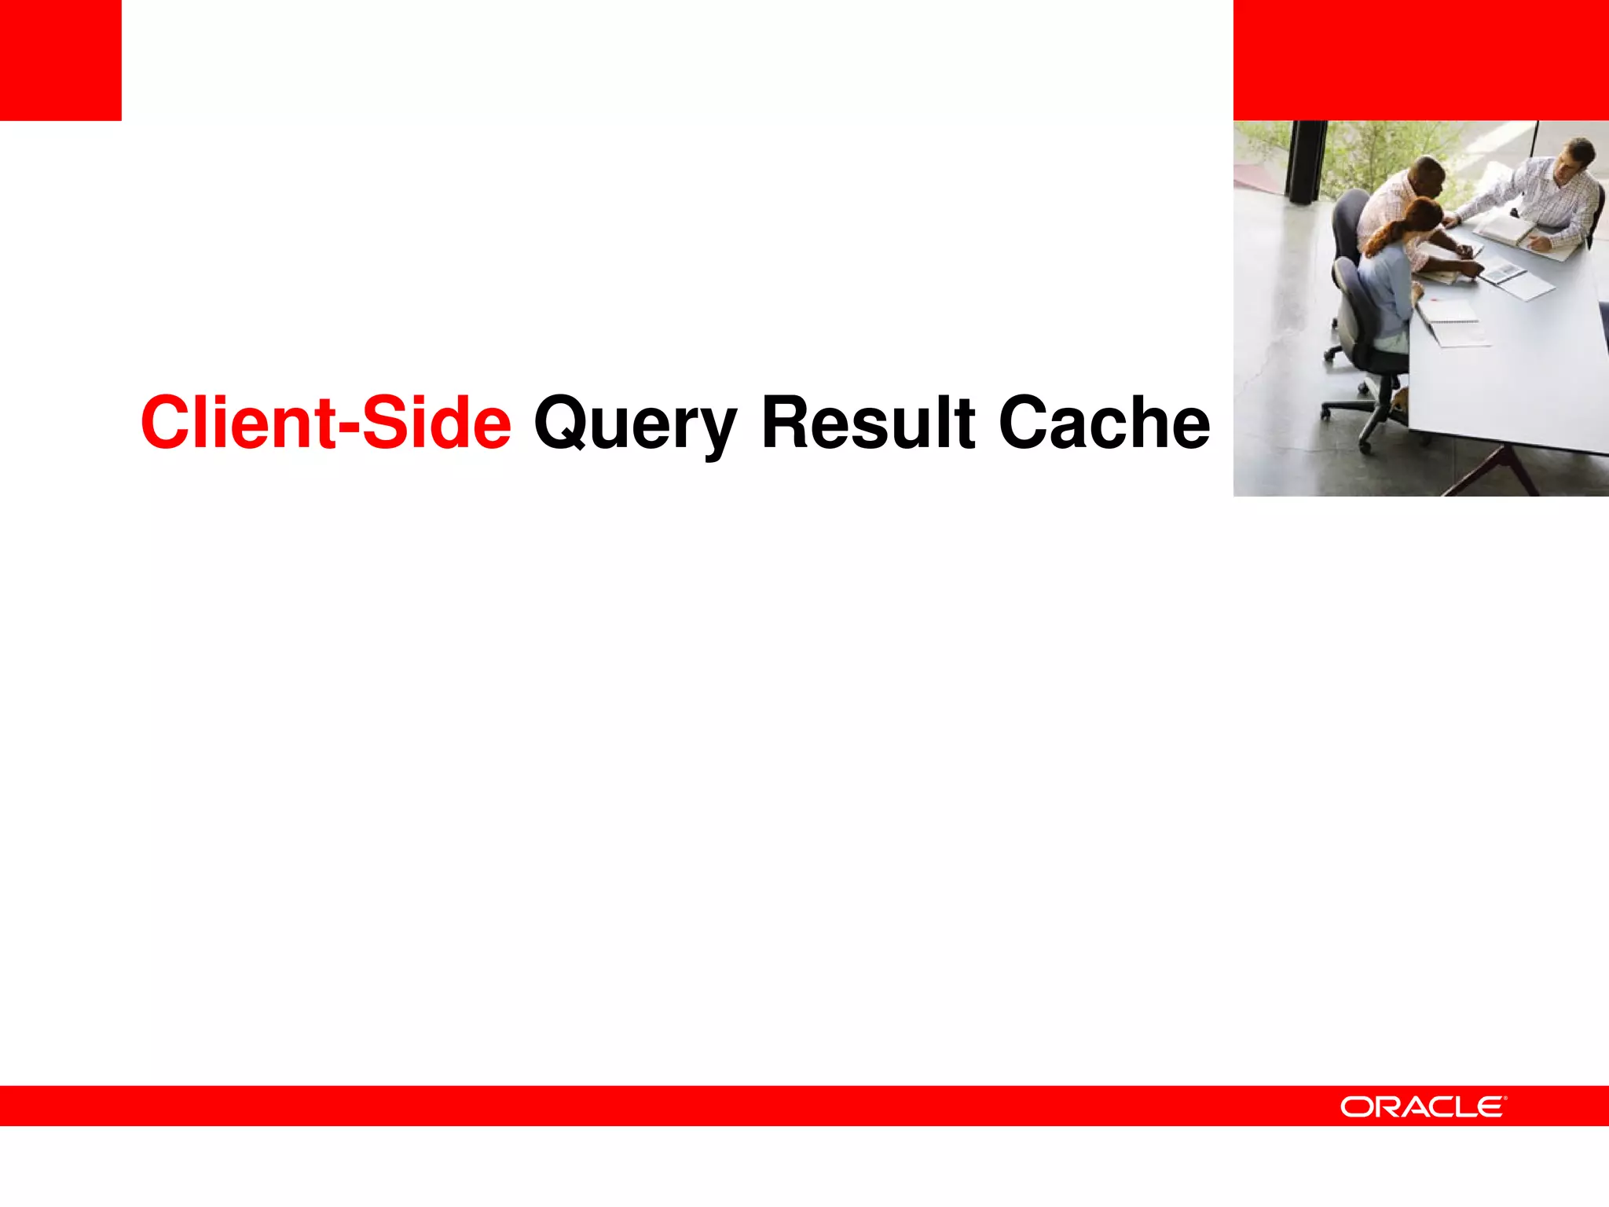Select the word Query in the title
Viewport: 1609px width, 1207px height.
[635, 424]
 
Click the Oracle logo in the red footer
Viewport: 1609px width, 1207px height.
[1423, 1106]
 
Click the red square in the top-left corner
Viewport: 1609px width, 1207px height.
[60, 60]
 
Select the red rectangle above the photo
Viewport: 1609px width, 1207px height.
[1420, 60]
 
